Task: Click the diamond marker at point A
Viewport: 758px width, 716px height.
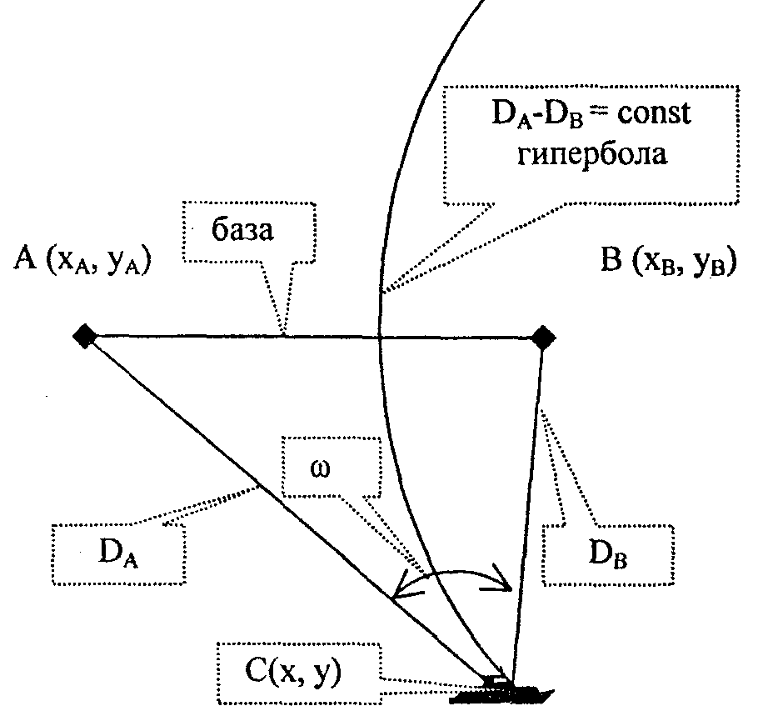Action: [84, 336]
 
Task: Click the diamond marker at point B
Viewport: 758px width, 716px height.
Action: [542, 338]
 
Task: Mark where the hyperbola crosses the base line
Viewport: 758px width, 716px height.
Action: [380, 337]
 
